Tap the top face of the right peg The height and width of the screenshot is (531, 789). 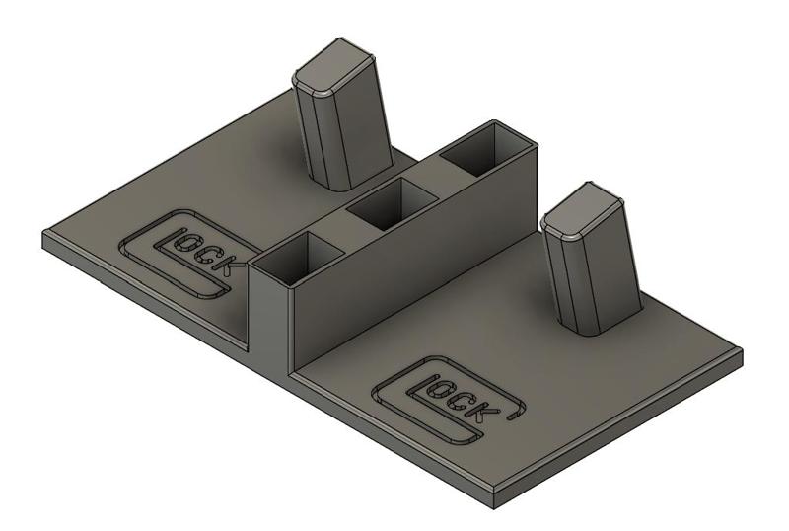pyautogui.click(x=584, y=213)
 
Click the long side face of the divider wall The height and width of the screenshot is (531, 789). pyautogui.click(x=414, y=266)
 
